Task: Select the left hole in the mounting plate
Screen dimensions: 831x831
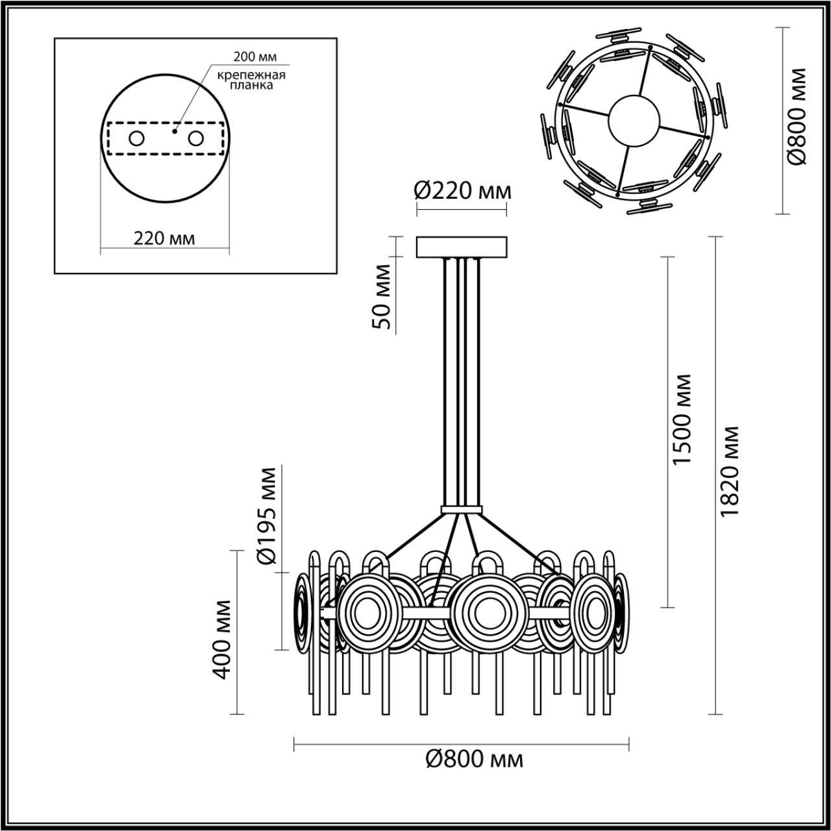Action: click(136, 138)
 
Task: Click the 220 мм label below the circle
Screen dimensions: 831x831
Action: click(164, 238)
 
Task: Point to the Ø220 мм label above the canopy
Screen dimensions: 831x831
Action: click(462, 191)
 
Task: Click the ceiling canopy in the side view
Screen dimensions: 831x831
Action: click(462, 247)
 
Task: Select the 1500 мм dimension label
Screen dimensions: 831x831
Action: click(682, 419)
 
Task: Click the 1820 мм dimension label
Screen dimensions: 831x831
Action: click(729, 471)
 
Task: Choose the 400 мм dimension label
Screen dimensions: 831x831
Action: click(223, 639)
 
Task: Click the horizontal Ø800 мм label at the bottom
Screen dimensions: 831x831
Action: click(474, 758)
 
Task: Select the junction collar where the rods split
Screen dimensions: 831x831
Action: click(461, 510)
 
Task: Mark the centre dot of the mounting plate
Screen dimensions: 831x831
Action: click(174, 130)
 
